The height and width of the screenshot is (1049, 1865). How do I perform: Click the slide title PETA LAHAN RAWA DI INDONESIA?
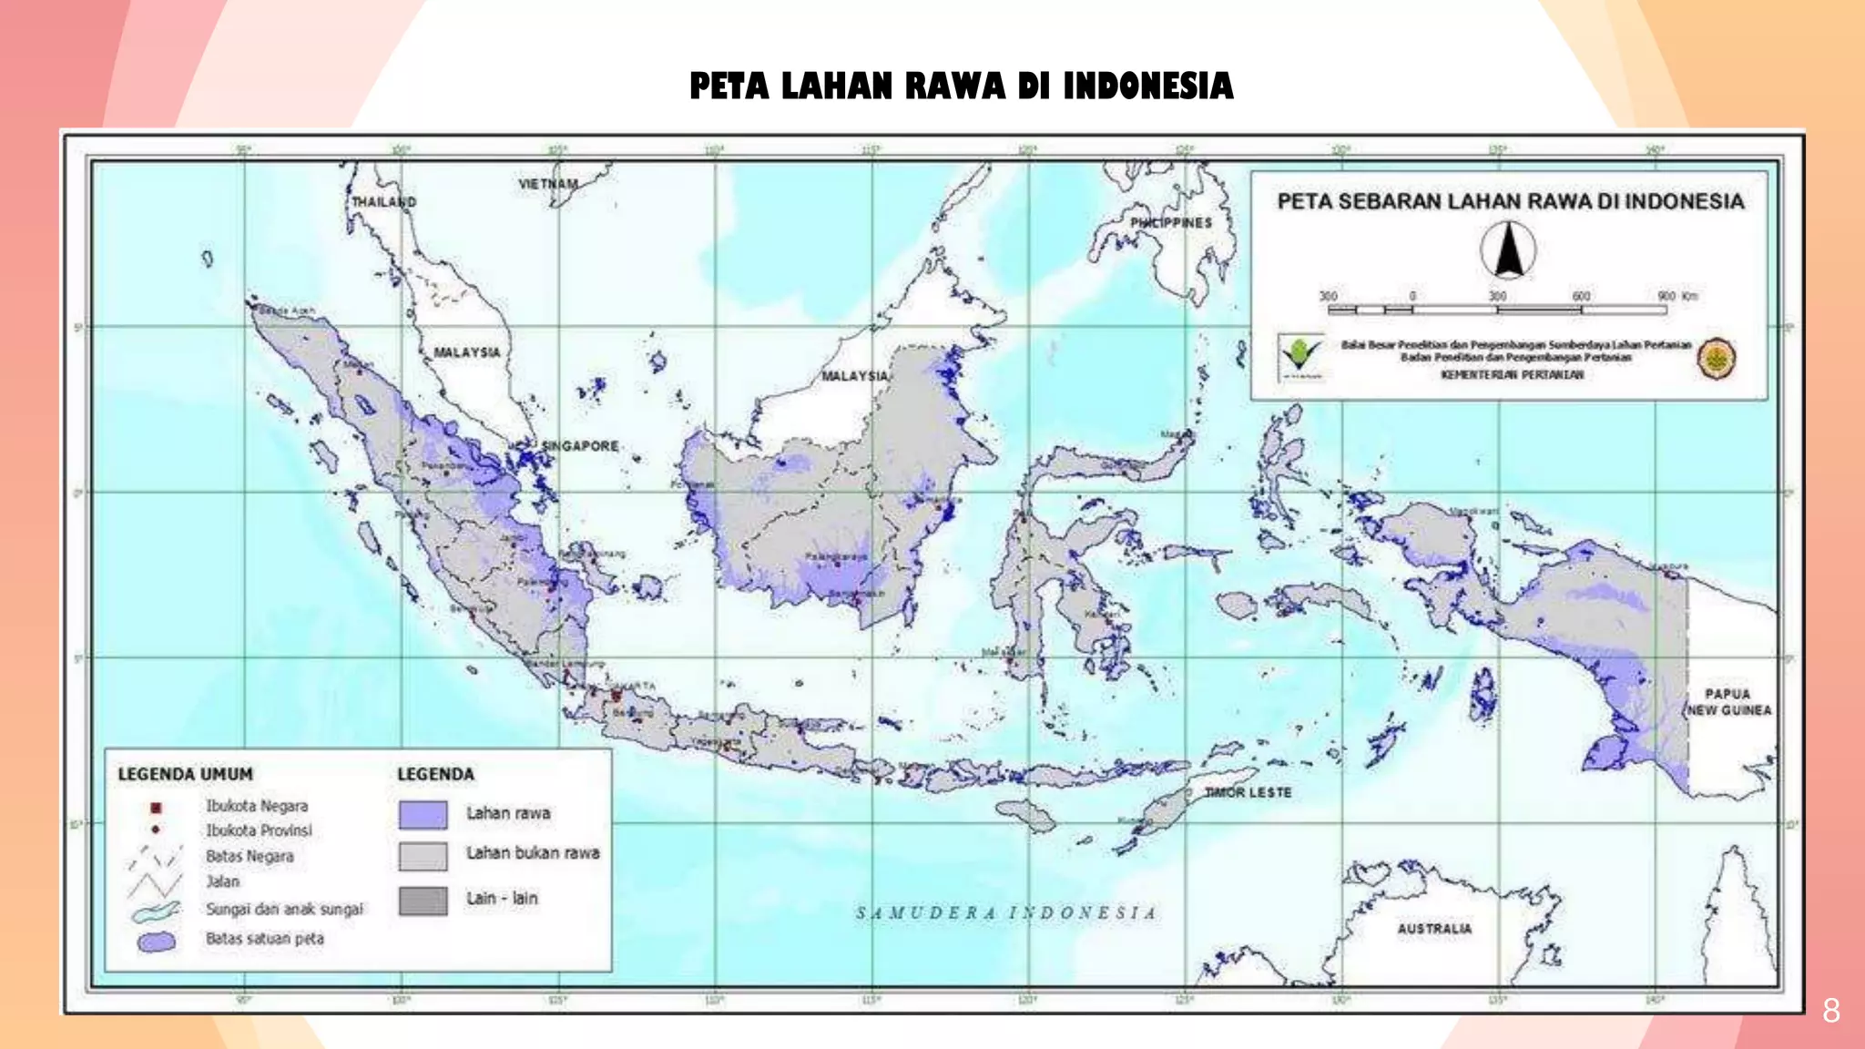click(x=961, y=87)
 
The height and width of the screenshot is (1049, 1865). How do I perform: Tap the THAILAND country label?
click(x=383, y=201)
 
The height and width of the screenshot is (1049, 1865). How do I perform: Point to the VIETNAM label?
click(x=548, y=184)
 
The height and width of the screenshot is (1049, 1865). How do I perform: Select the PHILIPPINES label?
click(x=1171, y=222)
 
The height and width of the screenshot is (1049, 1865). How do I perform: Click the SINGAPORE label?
click(x=580, y=446)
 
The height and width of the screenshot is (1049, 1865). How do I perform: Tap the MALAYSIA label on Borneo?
click(x=854, y=376)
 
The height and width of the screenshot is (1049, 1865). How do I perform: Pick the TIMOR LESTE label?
click(x=1248, y=792)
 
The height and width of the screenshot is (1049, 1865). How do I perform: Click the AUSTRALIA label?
click(x=1434, y=929)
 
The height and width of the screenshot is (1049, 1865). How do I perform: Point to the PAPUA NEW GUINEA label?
click(x=1728, y=702)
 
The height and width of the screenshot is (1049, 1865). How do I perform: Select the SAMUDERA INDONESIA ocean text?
click(x=1006, y=912)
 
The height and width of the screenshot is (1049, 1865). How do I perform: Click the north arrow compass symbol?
click(x=1508, y=250)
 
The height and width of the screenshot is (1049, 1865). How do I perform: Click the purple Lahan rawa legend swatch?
click(x=423, y=814)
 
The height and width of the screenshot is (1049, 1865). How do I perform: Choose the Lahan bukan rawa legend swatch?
click(x=423, y=856)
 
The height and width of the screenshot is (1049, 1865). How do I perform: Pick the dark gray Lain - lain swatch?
click(x=423, y=901)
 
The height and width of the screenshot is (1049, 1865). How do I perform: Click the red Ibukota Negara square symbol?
click(x=156, y=808)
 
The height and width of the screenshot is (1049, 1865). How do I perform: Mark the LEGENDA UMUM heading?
click(x=185, y=774)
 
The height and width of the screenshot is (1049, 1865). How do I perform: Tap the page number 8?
click(x=1830, y=1011)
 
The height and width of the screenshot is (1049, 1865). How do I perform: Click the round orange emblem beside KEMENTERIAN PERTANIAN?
click(x=1716, y=358)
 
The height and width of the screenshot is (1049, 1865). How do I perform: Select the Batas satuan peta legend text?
click(x=264, y=939)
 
